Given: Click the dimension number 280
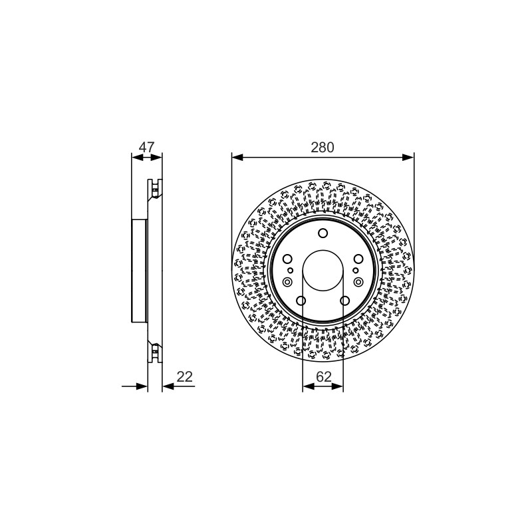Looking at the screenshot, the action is pos(323,147).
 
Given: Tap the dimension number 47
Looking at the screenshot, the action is pos(146,147).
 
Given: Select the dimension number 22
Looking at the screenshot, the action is pos(185,376).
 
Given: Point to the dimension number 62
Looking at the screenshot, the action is pos(323,376).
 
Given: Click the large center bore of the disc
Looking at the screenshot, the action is pos(323,271).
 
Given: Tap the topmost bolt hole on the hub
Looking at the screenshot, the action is pos(323,233).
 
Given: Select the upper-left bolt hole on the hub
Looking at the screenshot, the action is pos(287,259).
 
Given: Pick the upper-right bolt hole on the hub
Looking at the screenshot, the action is pos(358,259).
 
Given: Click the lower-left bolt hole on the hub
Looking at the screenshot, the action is pos(301,301).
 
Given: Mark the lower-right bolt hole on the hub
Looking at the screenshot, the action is pos(344,301).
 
